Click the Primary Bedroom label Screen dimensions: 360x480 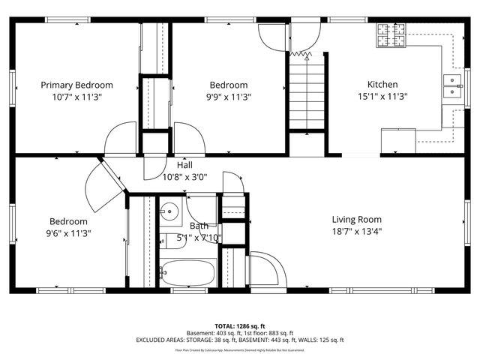(x=76, y=85)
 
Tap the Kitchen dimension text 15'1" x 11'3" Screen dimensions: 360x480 (x=382, y=97)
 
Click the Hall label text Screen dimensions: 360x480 (x=185, y=165)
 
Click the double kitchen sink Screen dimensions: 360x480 (x=452, y=87)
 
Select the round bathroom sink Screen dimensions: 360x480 (x=169, y=211)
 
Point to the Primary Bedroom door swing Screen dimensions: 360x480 (x=120, y=139)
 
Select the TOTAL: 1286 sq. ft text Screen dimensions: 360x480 (x=239, y=326)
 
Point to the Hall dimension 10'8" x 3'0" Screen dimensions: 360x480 (x=185, y=177)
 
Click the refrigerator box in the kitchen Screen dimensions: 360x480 (x=398, y=141)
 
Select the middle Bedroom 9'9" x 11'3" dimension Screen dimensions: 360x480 (x=228, y=97)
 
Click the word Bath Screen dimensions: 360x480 (x=199, y=226)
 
